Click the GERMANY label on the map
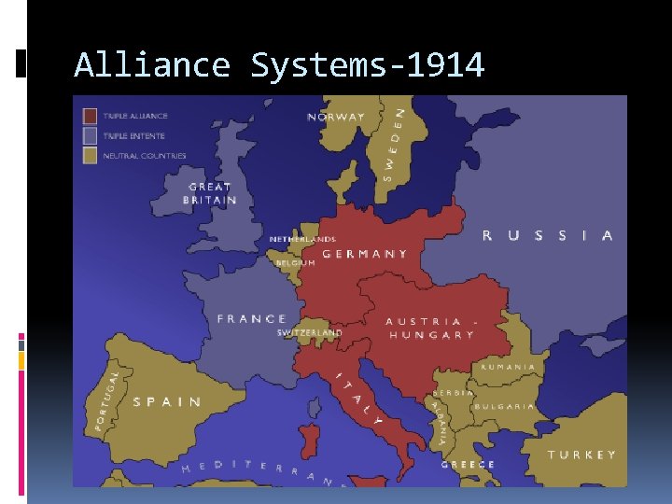click(365, 254)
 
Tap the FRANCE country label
click(252, 319)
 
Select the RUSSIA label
click(547, 236)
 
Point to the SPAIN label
click(167, 402)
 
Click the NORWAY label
click(336, 118)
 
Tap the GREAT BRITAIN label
click(210, 193)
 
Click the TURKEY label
click(581, 455)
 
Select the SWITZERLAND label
click(310, 332)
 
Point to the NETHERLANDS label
click(302, 240)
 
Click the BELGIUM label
click(295, 262)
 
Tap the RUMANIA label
click(508, 367)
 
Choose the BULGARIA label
click(504, 406)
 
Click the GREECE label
click(469, 464)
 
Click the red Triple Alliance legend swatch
click(90, 116)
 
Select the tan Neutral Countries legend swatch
click(90, 155)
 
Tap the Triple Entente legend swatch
click(90, 135)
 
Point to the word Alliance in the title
click(151, 65)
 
